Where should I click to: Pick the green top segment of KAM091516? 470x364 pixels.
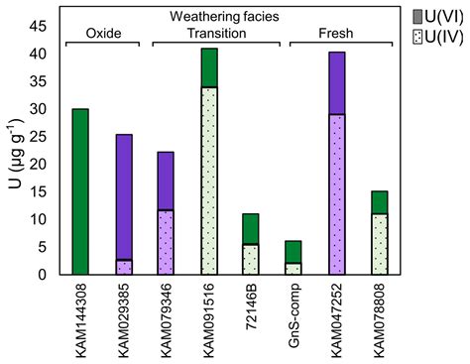209,67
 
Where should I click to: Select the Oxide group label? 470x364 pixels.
103,33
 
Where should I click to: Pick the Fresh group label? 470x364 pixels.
335,33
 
